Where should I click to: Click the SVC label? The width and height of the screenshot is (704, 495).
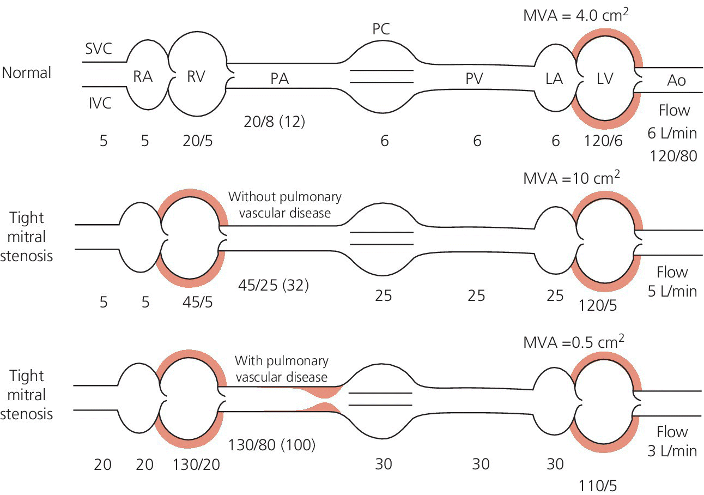tap(98, 50)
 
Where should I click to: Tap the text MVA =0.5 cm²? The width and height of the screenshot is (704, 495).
tap(573, 342)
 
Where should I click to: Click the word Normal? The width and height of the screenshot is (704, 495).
tap(27, 73)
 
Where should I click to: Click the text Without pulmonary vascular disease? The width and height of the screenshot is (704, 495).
tap(284, 204)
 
